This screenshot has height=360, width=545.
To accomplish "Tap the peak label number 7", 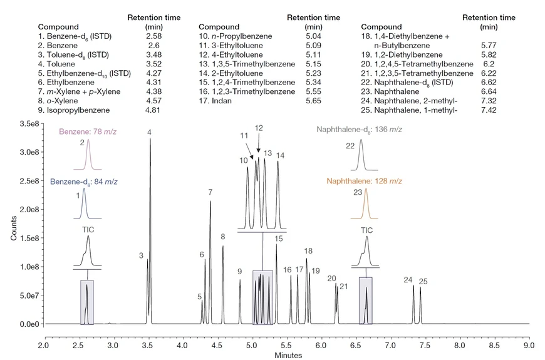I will tap(210, 192).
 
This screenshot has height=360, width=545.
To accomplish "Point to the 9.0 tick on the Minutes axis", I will tap(529, 345).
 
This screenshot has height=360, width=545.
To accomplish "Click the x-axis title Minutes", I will tap(288, 355).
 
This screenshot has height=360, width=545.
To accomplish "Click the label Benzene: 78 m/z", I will tap(88, 131).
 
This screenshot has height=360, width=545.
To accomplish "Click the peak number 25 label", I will tap(423, 282).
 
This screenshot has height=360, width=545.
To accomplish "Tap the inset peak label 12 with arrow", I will tap(259, 128).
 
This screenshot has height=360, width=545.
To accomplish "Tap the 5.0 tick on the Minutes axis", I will tap(252, 345).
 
